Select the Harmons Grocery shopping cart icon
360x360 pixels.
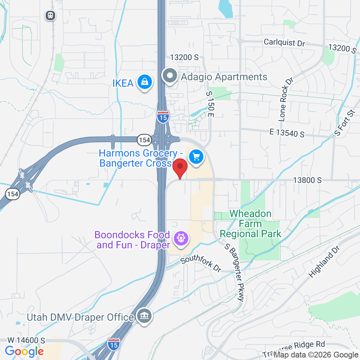[x=196, y=157]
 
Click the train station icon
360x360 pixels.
[x=50, y=15]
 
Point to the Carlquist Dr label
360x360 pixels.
[x=284, y=42]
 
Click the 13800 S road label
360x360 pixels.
[x=307, y=180]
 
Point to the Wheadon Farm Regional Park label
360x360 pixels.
[x=251, y=224]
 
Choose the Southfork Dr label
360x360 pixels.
[x=201, y=264]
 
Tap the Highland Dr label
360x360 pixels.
[x=324, y=262]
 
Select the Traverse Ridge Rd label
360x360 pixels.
[x=294, y=348]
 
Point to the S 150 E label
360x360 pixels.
[x=210, y=104]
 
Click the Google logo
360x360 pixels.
[x=24, y=351]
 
